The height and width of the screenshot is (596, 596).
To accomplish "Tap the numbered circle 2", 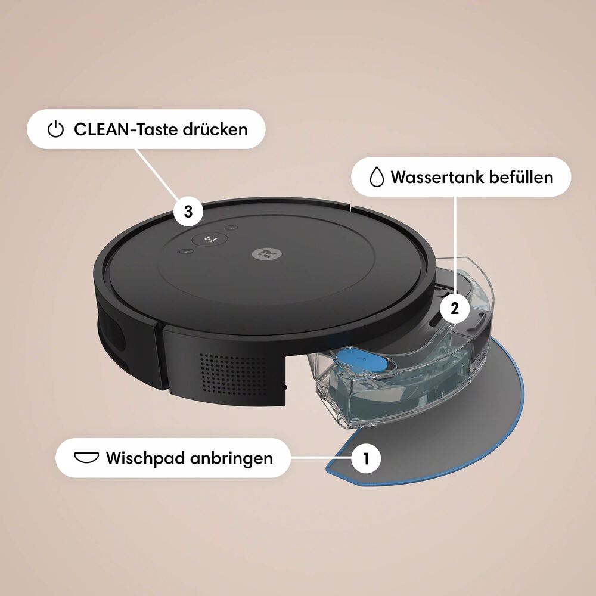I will point(454,308).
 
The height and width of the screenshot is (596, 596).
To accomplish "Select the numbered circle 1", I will point(366,458).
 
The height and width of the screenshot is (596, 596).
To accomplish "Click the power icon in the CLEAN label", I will point(55,129).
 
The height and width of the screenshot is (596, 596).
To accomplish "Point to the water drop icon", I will point(375,177).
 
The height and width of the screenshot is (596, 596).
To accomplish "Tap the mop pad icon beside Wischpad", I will point(86,458).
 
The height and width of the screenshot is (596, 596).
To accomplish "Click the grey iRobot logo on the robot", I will point(262,253).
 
